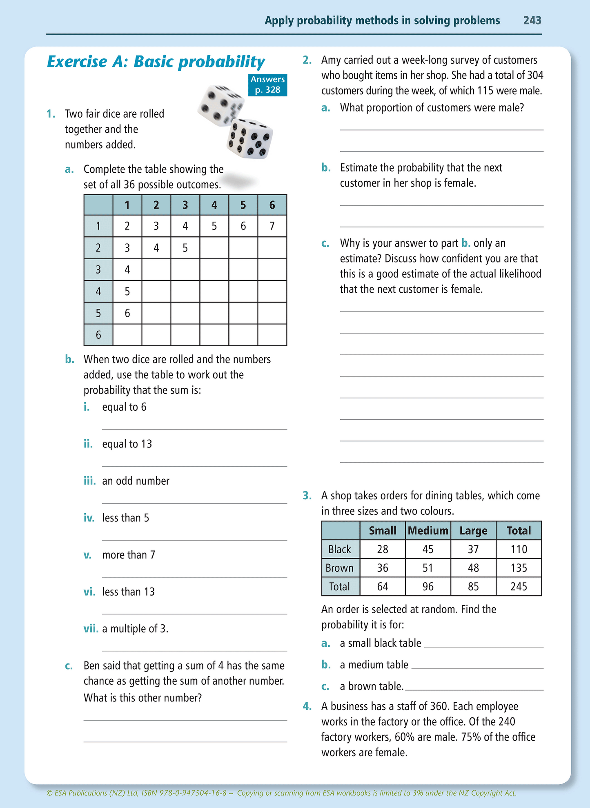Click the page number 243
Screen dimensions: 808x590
click(532, 20)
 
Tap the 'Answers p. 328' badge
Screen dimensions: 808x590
click(267, 85)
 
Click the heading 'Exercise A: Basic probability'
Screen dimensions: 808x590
click(156, 62)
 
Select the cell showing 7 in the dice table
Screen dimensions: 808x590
click(272, 226)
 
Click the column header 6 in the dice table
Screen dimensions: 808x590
click(272, 205)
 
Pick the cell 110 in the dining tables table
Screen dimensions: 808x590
click(519, 549)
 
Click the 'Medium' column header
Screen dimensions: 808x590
click(428, 530)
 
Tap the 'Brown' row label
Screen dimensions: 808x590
click(340, 568)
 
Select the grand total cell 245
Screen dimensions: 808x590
click(519, 587)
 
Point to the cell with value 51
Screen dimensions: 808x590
click(428, 568)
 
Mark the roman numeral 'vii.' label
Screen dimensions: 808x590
click(91, 629)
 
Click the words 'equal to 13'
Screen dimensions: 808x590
click(127, 444)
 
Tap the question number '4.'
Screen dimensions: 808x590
click(307, 706)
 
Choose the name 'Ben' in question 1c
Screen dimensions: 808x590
click(91, 666)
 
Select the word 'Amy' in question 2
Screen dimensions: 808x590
click(331, 60)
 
